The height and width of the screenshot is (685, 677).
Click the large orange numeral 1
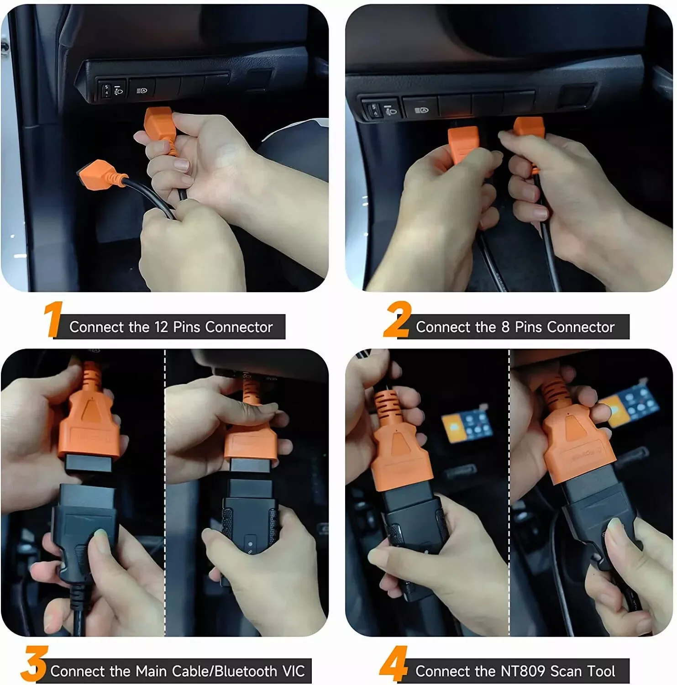pos(53,319)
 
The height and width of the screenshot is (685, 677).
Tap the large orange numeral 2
pos(397,319)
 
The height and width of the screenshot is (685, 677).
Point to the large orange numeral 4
pos(394,664)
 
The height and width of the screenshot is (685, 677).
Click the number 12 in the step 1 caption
pos(161,327)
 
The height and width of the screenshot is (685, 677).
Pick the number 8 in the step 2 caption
pos(505,327)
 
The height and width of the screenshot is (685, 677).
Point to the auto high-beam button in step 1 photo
pos(142,90)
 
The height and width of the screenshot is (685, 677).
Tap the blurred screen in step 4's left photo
pos(466,427)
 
